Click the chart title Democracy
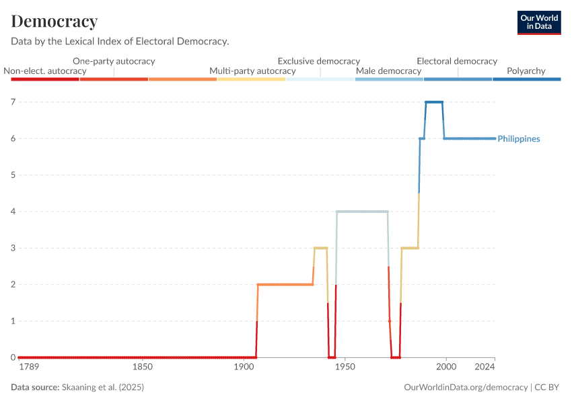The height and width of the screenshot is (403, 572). (55, 21)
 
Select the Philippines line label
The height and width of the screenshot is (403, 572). (519, 139)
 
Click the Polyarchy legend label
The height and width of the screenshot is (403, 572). (526, 71)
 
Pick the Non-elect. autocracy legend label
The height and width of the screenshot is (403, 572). (45, 71)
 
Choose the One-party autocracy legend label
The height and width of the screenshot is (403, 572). (114, 61)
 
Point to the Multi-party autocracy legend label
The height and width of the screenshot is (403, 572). (252, 71)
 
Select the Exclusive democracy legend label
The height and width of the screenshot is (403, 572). (318, 61)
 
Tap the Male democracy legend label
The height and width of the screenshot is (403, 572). (388, 71)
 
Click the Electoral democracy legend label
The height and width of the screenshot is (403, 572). (457, 61)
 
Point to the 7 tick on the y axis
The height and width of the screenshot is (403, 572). (13, 102)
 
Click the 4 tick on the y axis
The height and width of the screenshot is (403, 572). (13, 212)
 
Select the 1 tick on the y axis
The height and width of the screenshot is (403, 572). (13, 321)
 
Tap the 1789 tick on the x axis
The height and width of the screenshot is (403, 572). (30, 367)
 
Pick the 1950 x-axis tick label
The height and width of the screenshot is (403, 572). (345, 367)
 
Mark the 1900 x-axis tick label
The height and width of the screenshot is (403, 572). (243, 367)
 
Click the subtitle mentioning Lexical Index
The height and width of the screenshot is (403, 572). (120, 41)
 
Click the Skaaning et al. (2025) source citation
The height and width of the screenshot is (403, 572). (102, 388)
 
